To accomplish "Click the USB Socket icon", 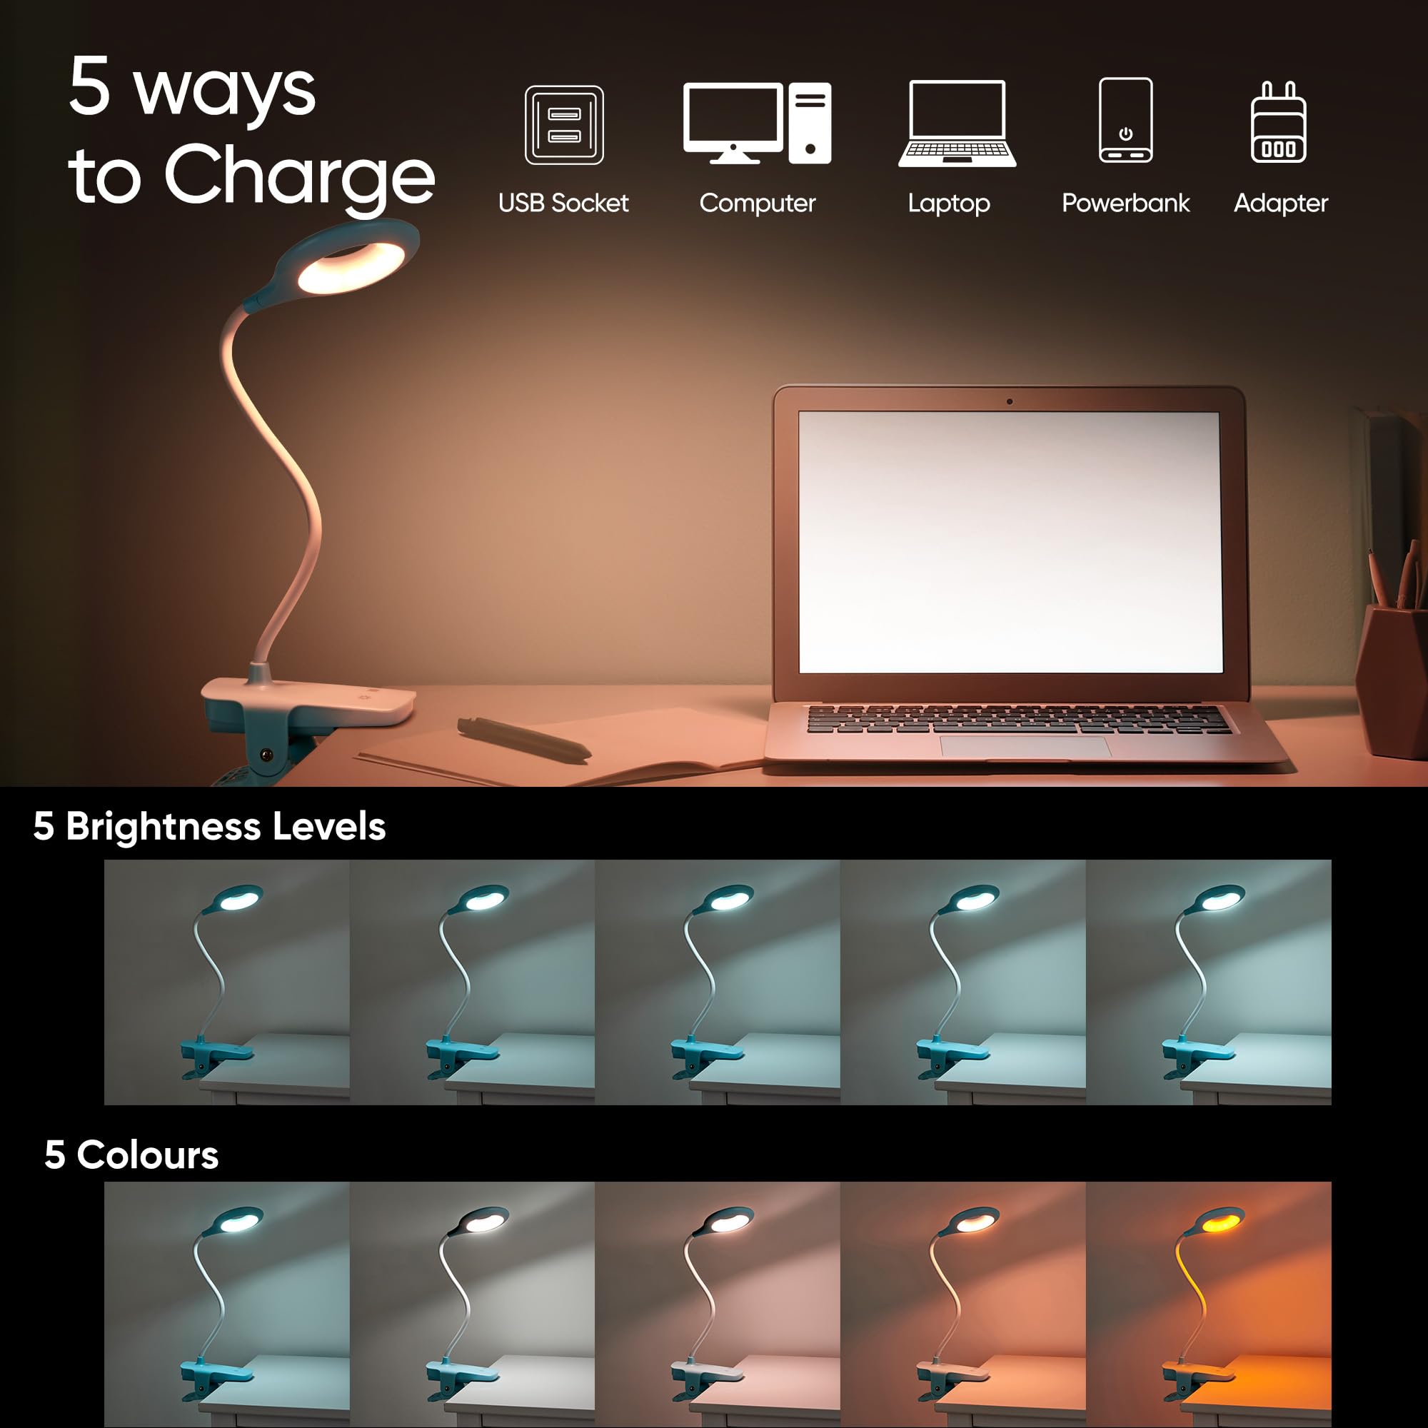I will pyautogui.click(x=564, y=125).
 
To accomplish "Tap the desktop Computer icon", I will pyautogui.click(x=757, y=123).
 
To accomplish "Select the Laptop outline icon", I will pyautogui.click(x=957, y=124).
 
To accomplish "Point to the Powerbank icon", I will pyautogui.click(x=1125, y=120).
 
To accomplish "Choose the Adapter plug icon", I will pyautogui.click(x=1278, y=123).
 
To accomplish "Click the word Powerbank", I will pyautogui.click(x=1125, y=203).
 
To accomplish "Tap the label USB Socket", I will pyautogui.click(x=563, y=203).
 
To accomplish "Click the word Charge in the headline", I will pyautogui.click(x=299, y=176).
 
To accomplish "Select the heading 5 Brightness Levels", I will pyautogui.click(x=209, y=825).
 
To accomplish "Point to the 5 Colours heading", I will pyautogui.click(x=131, y=1155).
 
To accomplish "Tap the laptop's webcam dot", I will pyautogui.click(x=1010, y=402).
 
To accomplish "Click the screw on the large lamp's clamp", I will pyautogui.click(x=266, y=755).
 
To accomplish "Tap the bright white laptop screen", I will pyautogui.click(x=1010, y=542).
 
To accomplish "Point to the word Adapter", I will pyautogui.click(x=1280, y=203).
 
